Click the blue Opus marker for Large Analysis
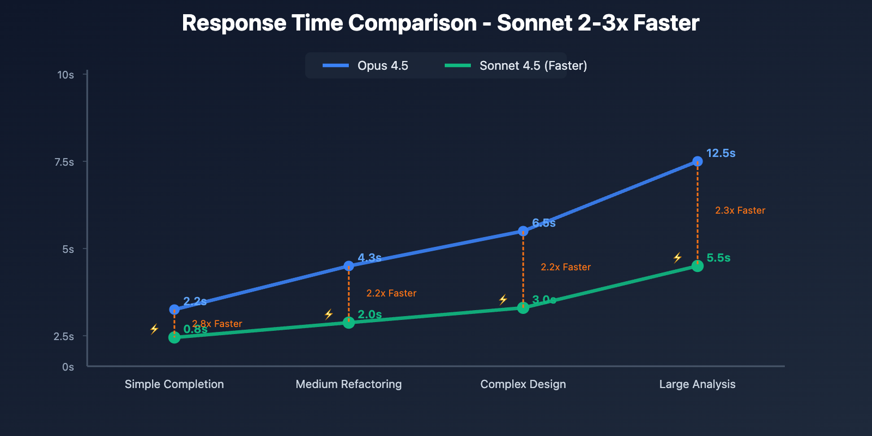tap(697, 161)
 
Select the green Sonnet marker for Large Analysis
tap(697, 266)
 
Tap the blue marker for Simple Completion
tap(174, 310)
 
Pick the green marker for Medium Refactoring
tap(349, 323)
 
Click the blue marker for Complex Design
tap(523, 231)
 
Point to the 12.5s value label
tap(720, 153)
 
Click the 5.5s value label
tap(718, 258)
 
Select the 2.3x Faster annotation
tap(740, 210)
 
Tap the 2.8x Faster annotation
tap(217, 324)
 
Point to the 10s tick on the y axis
tap(66, 75)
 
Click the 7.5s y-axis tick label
tap(64, 162)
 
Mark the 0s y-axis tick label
tap(68, 367)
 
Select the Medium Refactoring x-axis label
tap(348, 384)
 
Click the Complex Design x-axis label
tap(523, 384)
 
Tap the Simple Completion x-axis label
tap(174, 384)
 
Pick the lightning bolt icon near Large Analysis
tap(677, 258)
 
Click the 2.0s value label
tap(370, 314)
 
